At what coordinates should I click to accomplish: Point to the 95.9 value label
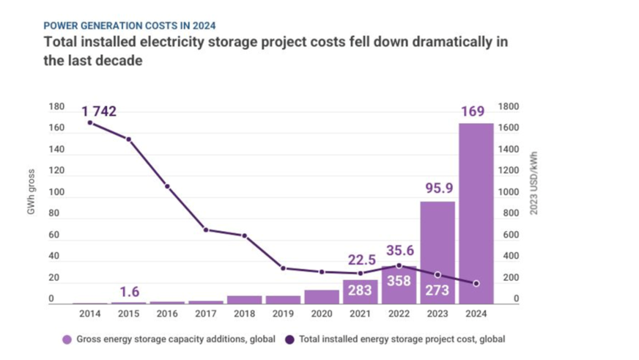click(437, 189)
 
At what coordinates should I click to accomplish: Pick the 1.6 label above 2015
click(128, 290)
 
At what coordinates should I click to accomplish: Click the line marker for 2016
click(167, 186)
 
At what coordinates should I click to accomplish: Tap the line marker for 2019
click(283, 268)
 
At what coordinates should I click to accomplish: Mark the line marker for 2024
click(476, 283)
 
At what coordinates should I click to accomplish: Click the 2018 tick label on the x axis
click(244, 314)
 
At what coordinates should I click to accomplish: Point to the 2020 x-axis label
click(321, 314)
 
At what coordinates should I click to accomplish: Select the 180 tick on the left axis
click(56, 107)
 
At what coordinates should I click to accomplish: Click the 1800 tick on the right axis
click(509, 107)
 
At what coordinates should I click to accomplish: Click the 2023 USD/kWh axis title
click(533, 183)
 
